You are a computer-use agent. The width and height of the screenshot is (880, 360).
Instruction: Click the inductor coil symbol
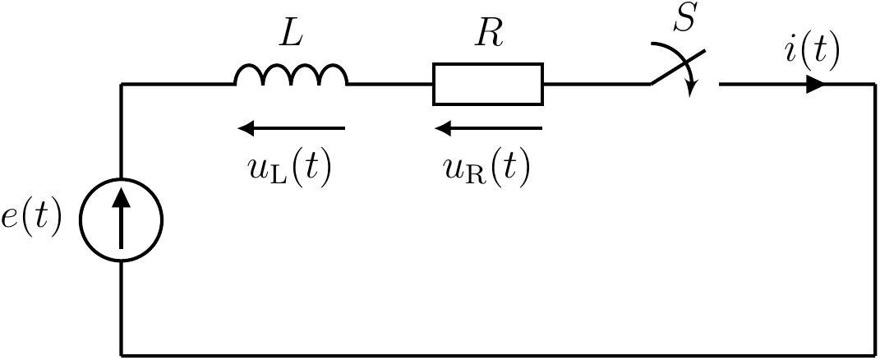[x=291, y=76]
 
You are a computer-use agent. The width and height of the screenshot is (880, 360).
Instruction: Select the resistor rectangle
[x=488, y=84]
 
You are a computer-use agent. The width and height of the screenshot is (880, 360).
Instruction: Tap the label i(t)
[x=811, y=52]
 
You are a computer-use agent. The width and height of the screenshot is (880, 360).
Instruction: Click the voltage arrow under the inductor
[x=291, y=128]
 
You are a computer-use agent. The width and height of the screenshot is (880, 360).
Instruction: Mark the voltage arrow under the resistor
[x=488, y=128]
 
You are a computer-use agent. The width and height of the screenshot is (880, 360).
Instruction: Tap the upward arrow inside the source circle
[x=122, y=218]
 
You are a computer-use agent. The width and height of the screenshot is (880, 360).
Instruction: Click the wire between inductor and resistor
[x=390, y=84]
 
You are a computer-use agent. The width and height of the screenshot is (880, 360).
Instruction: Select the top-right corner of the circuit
[x=873, y=84]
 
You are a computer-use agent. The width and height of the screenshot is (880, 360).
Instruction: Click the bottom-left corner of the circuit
[x=122, y=355]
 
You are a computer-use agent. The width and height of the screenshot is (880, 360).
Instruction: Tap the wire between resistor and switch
[x=596, y=84]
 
